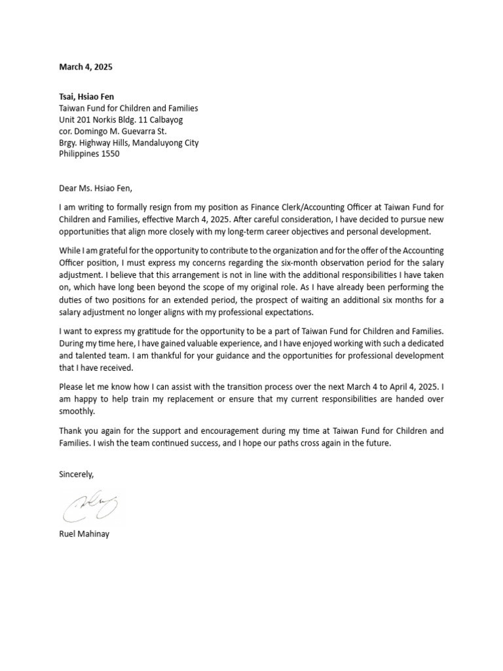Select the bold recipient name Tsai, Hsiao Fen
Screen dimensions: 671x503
tap(86, 96)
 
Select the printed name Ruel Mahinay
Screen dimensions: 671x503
tap(84, 534)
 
